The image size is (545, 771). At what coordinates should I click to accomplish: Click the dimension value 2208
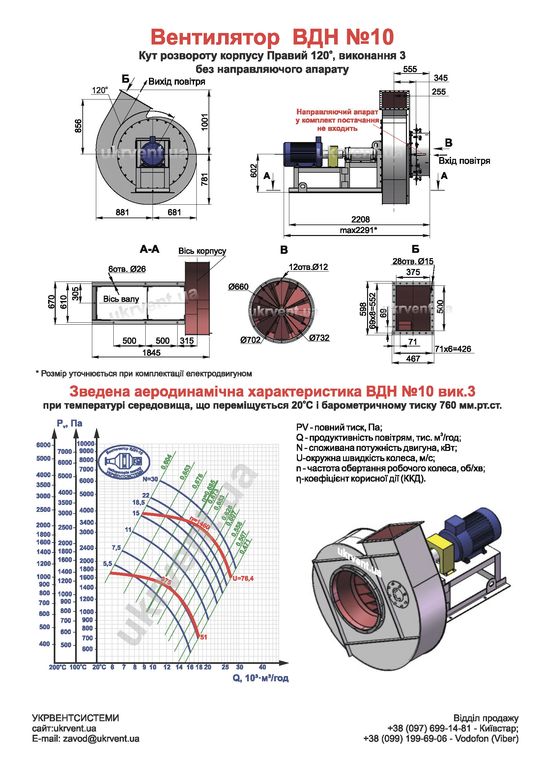tap(360, 219)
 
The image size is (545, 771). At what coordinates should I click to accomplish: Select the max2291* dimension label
tap(359, 230)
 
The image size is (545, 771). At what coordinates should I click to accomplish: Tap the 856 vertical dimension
tap(78, 126)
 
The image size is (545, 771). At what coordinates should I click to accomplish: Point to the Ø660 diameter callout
tap(238, 287)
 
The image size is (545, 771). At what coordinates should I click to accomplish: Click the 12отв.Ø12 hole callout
tap(308, 267)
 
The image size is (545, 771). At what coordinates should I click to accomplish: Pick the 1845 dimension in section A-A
tap(151, 353)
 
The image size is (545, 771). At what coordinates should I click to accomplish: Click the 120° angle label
tap(100, 90)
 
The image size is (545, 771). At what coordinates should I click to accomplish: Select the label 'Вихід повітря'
tap(177, 82)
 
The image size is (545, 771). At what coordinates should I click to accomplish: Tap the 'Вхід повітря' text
tap(464, 161)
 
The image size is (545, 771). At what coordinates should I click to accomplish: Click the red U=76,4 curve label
tap(243, 578)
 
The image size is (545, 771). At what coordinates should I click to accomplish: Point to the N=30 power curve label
tap(150, 479)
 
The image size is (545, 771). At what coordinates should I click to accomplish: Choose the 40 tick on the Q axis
tap(262, 667)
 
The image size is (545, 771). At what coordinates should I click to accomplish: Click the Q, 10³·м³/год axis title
tap(260, 678)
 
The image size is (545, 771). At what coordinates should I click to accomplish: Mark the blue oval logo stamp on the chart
tap(124, 462)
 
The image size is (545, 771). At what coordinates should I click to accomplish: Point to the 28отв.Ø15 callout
tap(413, 261)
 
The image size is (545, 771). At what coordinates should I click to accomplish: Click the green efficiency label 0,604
tap(166, 462)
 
